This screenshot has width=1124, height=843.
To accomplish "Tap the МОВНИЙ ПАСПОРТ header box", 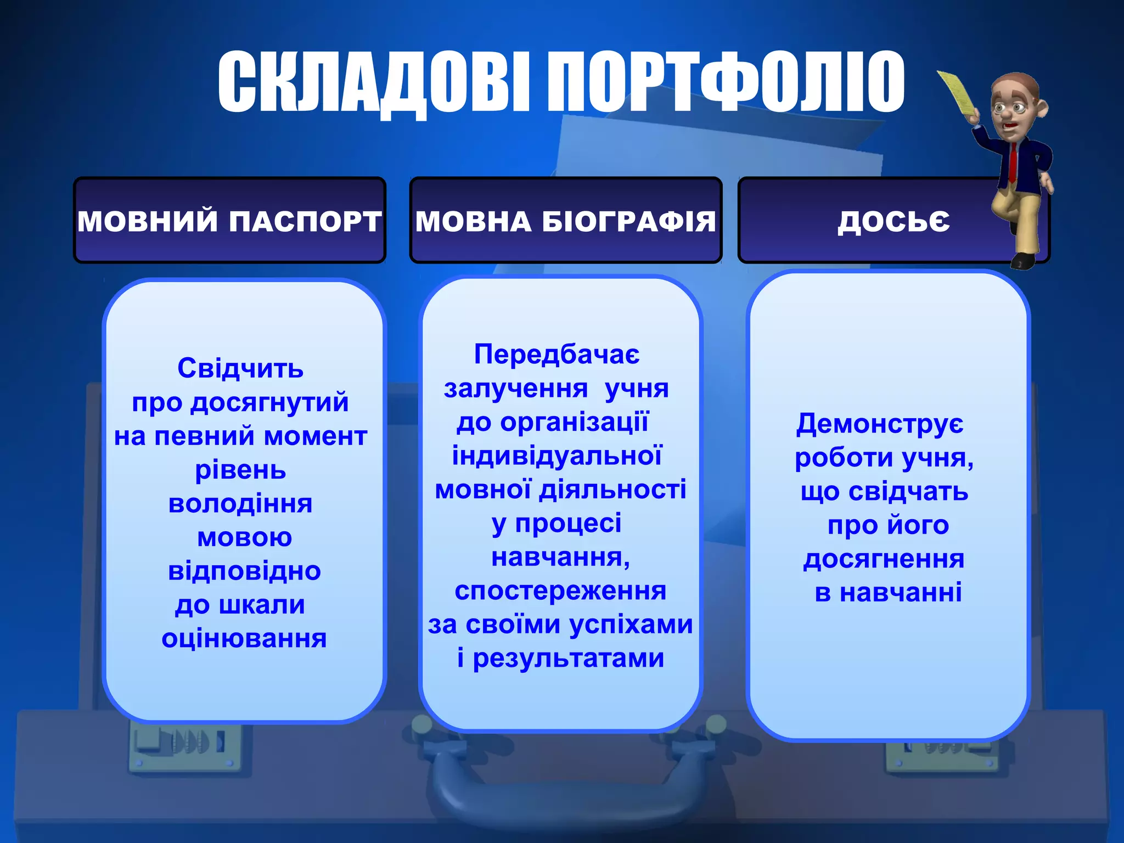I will click(x=229, y=221).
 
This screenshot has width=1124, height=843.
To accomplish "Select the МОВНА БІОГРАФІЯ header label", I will click(x=565, y=221).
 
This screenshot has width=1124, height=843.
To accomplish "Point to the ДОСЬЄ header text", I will click(x=893, y=221).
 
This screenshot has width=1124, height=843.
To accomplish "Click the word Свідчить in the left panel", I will click(x=240, y=368).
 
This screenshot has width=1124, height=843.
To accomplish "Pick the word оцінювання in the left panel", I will click(x=244, y=638).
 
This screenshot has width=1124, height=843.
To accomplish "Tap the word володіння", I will click(x=240, y=504).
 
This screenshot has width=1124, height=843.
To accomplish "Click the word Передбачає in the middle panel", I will click(x=557, y=355).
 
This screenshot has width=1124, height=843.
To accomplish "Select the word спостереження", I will click(x=560, y=591).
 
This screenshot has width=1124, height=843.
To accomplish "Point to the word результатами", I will click(x=569, y=658).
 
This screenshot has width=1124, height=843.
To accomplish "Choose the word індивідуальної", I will click(x=557, y=456).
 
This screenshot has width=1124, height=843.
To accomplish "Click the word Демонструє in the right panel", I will click(x=880, y=424).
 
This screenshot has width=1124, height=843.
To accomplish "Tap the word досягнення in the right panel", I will click(x=884, y=559).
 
